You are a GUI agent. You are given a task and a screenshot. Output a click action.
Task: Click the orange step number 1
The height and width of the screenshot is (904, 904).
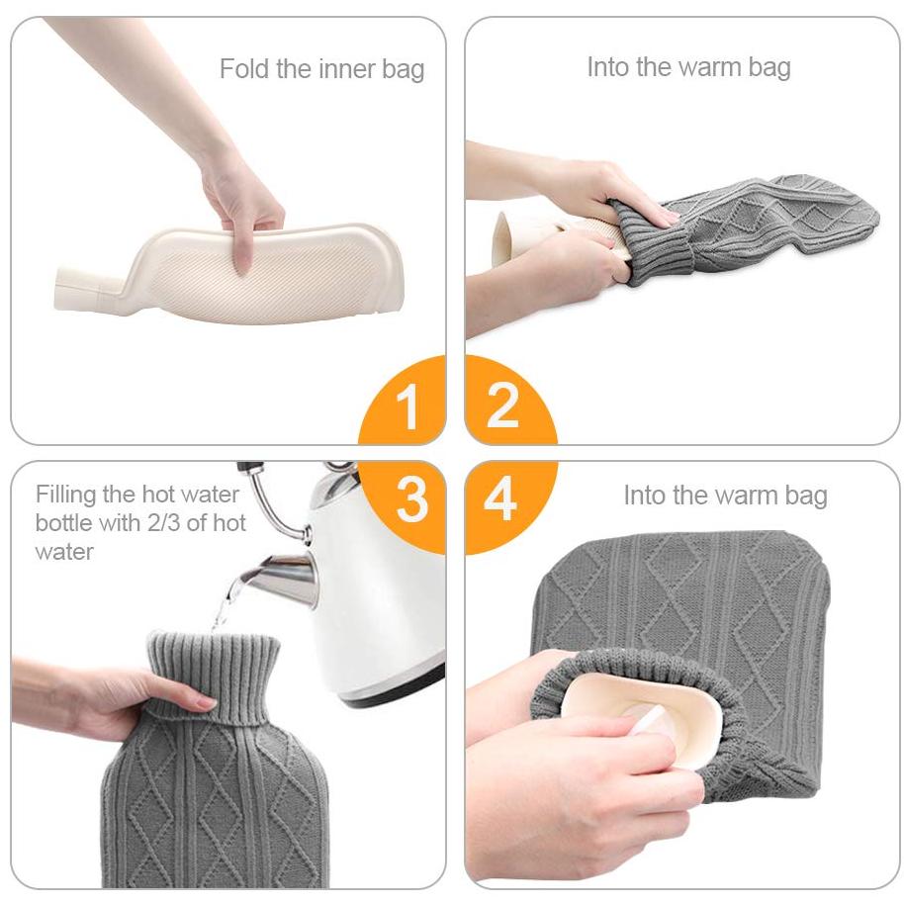[408, 406]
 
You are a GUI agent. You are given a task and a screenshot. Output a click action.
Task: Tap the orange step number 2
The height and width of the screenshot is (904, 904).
[502, 406]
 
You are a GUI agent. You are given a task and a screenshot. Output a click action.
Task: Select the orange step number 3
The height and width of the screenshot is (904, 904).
[411, 498]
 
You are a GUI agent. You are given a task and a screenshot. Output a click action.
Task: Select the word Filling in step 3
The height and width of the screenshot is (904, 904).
[65, 496]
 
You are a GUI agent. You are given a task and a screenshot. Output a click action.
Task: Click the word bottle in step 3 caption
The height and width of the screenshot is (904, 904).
[63, 523]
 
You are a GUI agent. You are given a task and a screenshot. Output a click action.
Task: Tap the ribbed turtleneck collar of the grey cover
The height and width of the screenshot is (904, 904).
[214, 675]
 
